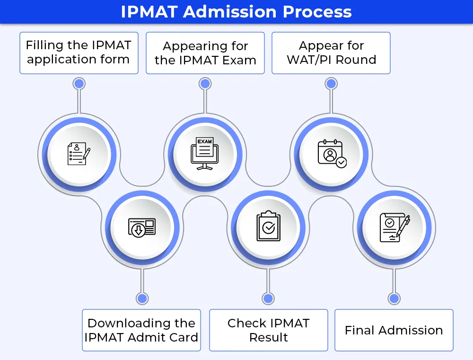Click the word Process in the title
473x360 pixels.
tap(317, 12)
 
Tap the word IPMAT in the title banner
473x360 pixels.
tap(149, 12)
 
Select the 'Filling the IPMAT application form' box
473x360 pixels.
tap(79, 53)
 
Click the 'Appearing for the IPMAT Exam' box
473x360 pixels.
tap(205, 53)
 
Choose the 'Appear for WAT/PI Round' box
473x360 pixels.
tap(331, 53)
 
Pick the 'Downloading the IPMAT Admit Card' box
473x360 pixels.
tap(141, 330)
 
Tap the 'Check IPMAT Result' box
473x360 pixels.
tap(269, 330)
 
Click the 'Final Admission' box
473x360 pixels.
tap(394, 330)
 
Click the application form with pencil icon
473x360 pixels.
tap(79, 154)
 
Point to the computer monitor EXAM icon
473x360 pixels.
tap(205, 154)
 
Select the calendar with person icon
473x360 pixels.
tap(332, 153)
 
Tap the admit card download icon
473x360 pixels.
tap(142, 228)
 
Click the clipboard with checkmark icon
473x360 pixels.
tap(269, 226)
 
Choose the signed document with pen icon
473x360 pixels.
tap(394, 228)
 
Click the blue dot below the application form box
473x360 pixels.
tap(79, 84)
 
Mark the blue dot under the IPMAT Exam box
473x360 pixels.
tap(205, 84)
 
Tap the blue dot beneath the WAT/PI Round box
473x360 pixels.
tap(331, 84)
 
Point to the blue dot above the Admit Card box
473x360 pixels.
tap(142, 299)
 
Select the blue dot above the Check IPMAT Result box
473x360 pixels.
tap(268, 299)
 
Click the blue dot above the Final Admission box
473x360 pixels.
tap(394, 299)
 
